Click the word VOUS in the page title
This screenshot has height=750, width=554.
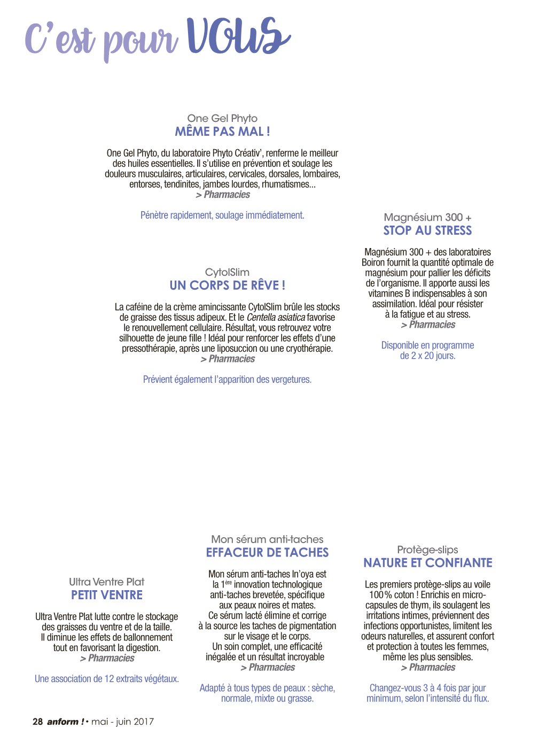click(238, 35)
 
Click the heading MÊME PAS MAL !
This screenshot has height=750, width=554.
click(222, 131)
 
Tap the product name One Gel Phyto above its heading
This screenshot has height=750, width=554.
click(222, 118)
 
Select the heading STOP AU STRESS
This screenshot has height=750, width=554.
click(427, 230)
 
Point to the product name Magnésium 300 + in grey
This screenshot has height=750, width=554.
click(427, 217)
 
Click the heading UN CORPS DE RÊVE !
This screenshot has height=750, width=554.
click(227, 285)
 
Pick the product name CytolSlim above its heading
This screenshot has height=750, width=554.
click(227, 272)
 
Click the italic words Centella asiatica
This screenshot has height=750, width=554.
click(276, 317)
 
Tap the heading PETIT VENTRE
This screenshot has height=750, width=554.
click(106, 595)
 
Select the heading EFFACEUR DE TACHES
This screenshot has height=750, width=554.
click(267, 552)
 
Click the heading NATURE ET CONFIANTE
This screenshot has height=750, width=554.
click(427, 563)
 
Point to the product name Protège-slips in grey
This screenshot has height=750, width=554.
click(427, 550)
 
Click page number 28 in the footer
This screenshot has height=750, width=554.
click(37, 721)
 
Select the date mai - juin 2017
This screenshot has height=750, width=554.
click(122, 722)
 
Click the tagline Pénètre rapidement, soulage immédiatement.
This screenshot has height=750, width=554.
click(222, 215)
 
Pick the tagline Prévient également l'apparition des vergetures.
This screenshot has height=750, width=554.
click(227, 380)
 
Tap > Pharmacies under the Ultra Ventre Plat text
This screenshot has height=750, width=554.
click(107, 658)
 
